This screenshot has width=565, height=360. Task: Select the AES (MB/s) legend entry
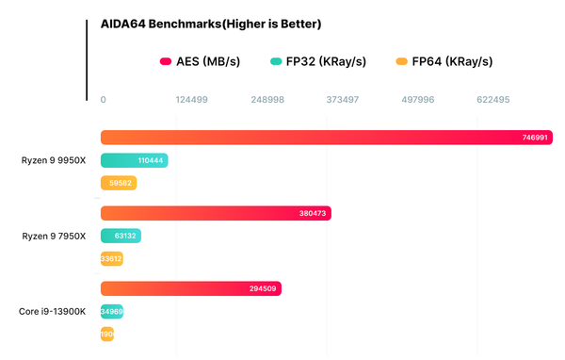(x=200, y=62)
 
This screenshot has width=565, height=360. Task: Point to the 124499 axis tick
(x=192, y=99)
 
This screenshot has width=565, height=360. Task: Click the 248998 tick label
(x=267, y=99)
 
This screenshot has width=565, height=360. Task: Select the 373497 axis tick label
(x=343, y=99)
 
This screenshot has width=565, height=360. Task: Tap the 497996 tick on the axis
(x=418, y=99)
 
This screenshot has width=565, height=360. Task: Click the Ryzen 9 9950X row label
(x=54, y=160)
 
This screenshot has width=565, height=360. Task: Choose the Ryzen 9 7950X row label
(x=54, y=236)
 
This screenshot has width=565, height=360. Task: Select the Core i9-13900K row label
(x=53, y=311)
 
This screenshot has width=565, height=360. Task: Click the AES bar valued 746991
(x=326, y=138)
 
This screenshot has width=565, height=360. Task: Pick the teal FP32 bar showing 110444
(x=134, y=160)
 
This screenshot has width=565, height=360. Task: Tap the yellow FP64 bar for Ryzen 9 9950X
(x=119, y=183)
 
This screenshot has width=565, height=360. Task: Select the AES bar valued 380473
(x=216, y=213)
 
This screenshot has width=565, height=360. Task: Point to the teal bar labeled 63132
(x=120, y=236)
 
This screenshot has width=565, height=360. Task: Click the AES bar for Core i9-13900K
(x=190, y=288)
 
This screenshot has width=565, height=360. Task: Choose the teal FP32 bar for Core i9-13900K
(x=111, y=311)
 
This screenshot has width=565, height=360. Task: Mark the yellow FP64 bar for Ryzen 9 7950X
(x=111, y=258)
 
